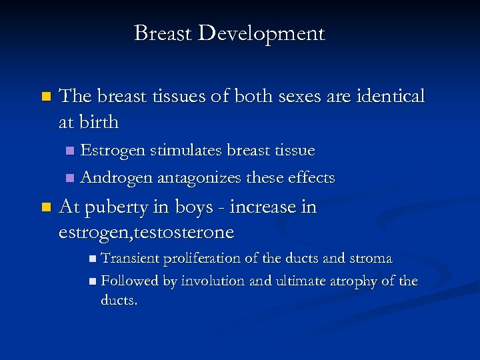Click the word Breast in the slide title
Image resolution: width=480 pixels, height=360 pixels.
162,33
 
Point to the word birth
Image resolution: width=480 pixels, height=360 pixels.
99,122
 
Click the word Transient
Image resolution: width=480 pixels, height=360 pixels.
129,258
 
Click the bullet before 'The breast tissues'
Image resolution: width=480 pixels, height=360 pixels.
45,97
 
